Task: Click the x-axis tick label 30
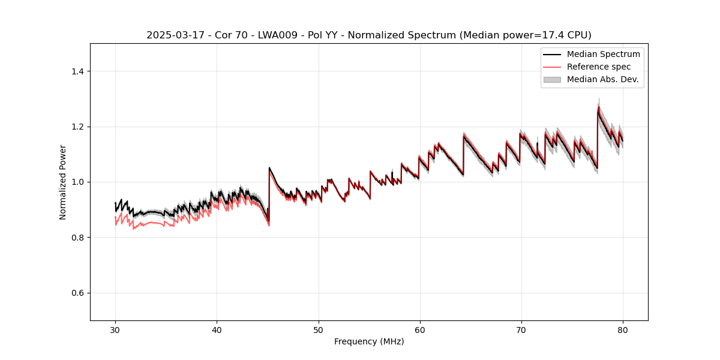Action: coord(115,330)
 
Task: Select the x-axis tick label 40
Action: coord(217,330)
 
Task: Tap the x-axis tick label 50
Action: coord(319,330)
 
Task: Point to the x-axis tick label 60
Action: coord(420,330)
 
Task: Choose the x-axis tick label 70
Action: coord(521,330)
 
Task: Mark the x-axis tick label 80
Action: coord(623,330)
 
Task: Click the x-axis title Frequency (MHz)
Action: coord(369,341)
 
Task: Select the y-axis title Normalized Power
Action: coord(62,182)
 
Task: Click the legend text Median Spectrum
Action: coord(603,54)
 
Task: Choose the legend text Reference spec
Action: coord(599,67)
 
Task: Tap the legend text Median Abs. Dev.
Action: coord(602,79)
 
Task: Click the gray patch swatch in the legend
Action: coord(552,79)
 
